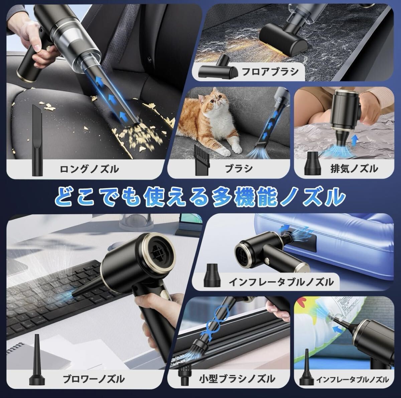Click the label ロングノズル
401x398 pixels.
coord(89,169)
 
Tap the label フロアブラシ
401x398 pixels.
coord(270,72)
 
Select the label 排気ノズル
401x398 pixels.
coord(355,169)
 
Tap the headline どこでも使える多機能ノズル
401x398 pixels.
coord(200,197)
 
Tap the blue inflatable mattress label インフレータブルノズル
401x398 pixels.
coord(281,282)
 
